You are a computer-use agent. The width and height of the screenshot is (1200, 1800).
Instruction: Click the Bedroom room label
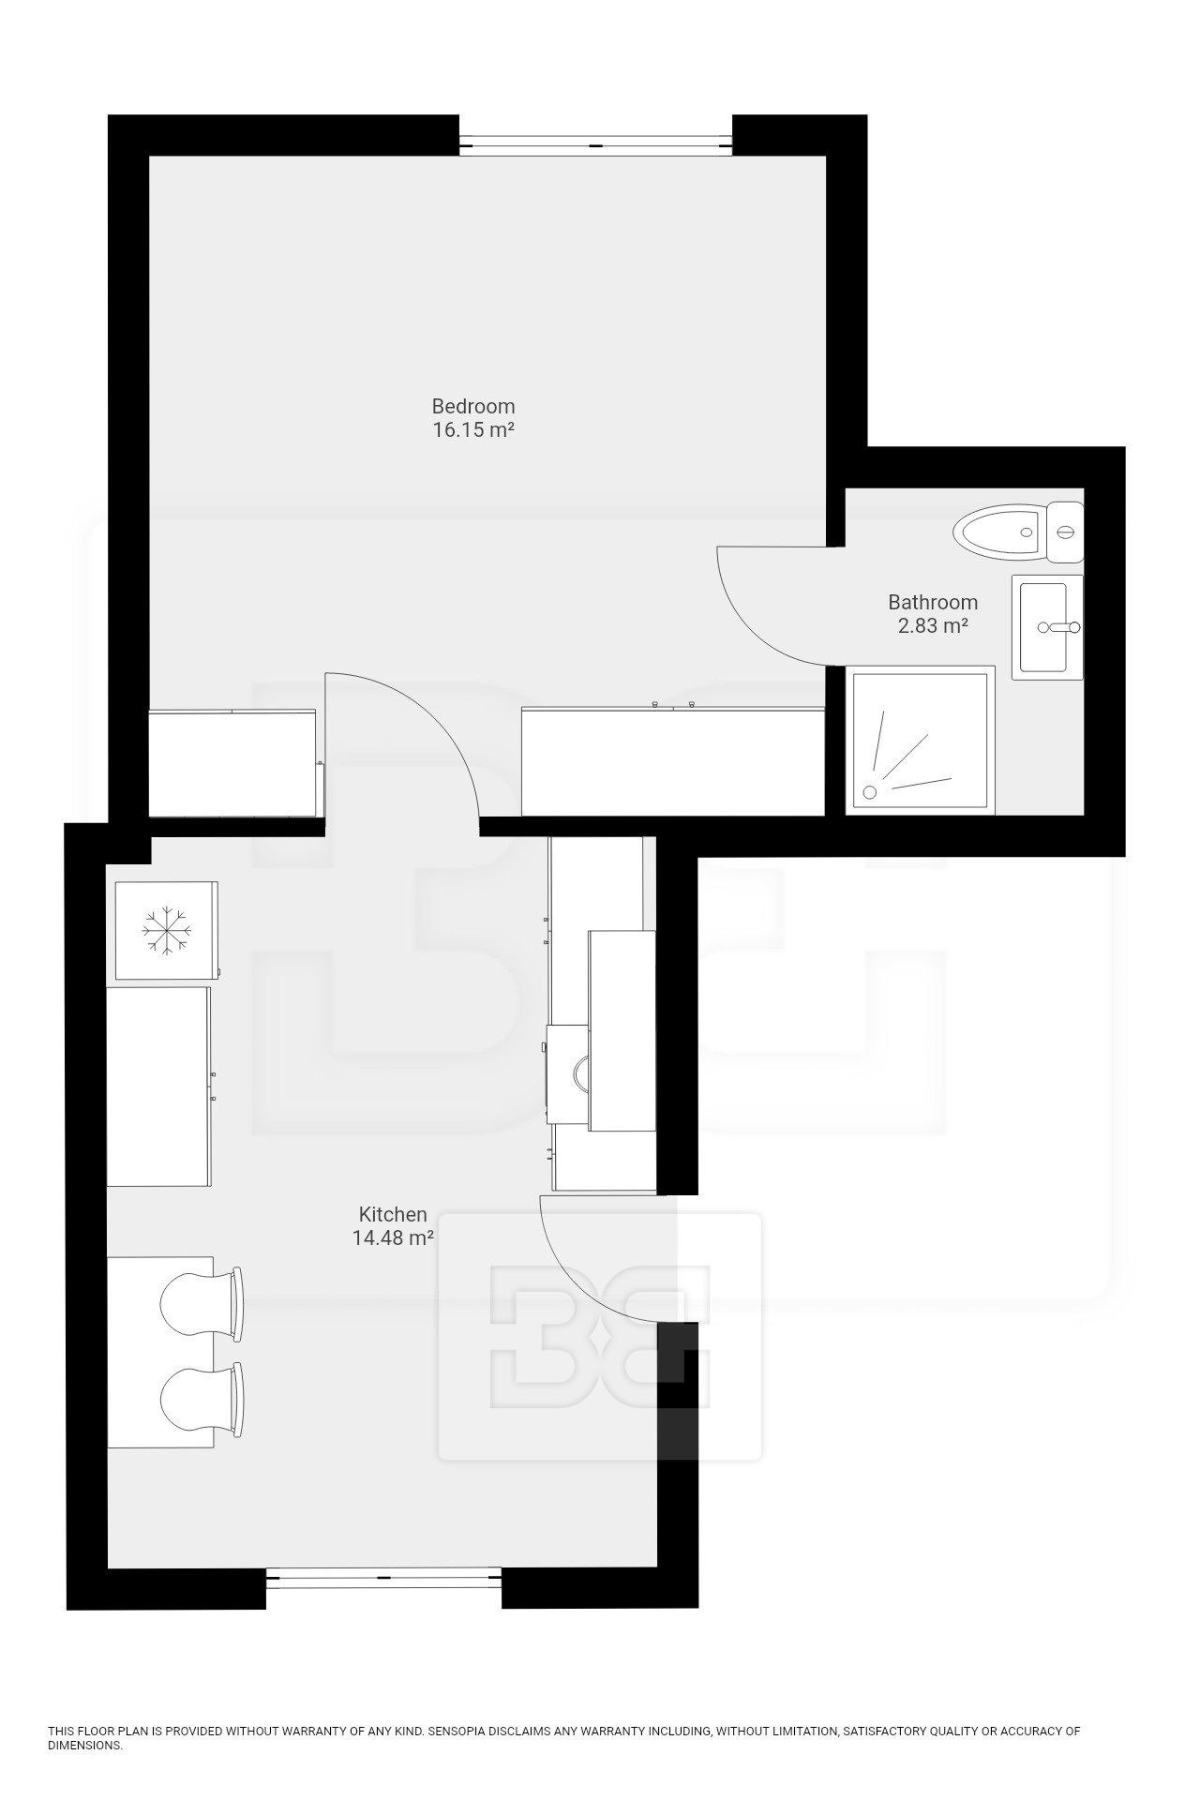(x=473, y=406)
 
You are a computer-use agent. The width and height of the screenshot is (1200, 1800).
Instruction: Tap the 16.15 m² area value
(x=473, y=430)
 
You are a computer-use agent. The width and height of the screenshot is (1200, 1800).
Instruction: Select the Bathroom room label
(x=933, y=602)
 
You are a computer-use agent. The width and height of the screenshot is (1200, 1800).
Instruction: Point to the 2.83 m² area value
(x=933, y=625)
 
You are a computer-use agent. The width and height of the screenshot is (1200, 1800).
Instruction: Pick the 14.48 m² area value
(x=393, y=1237)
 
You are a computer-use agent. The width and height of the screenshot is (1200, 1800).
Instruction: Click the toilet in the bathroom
(x=1018, y=532)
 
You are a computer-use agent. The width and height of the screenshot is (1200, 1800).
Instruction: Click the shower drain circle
(x=871, y=792)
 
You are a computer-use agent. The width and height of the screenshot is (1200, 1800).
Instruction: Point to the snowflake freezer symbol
(x=166, y=930)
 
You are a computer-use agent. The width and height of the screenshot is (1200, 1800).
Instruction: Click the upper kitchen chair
(x=202, y=1303)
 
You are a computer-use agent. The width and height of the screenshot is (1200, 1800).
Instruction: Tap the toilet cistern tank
(x=1066, y=532)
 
